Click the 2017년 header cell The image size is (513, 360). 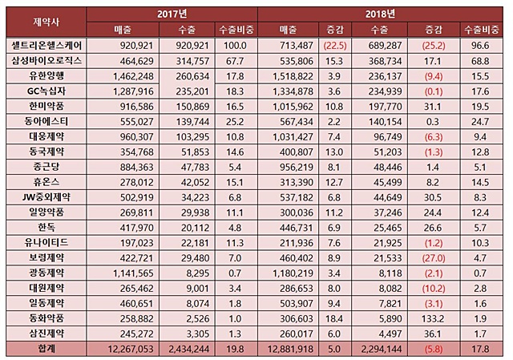click(172, 14)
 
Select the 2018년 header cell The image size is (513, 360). click(380, 14)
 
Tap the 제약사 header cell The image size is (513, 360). click(46, 22)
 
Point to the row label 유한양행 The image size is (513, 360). click(46, 76)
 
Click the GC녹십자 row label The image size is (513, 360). click(46, 91)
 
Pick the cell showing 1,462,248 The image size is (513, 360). click(133, 76)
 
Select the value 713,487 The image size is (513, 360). click(296, 46)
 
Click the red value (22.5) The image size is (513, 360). click(335, 46)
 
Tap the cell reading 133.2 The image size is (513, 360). click(434, 318)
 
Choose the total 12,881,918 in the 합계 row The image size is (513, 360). click(290, 349)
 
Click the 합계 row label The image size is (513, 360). click(46, 349)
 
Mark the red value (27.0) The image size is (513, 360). click(434, 258)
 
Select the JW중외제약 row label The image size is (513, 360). click(46, 197)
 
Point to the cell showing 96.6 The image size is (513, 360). click(480, 46)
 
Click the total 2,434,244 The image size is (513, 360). click(189, 349)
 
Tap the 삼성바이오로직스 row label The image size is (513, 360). click(46, 61)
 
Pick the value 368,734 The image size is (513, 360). click(385, 61)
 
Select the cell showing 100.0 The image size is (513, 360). click(235, 46)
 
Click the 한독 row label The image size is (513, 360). click(46, 227)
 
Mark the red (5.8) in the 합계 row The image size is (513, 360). click(434, 349)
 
